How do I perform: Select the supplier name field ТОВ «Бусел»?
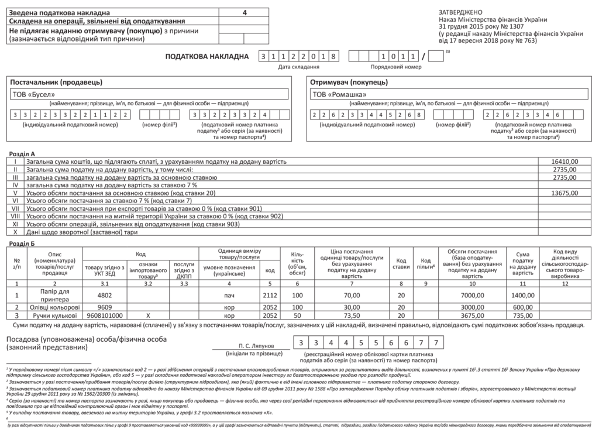click(150, 94)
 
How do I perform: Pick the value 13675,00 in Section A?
click(564, 192)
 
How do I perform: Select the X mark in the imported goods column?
click(148, 315)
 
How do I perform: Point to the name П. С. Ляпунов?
click(257, 346)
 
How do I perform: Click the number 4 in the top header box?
click(245, 12)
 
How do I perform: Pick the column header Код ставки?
click(401, 263)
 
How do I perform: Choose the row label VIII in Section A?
click(16, 217)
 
